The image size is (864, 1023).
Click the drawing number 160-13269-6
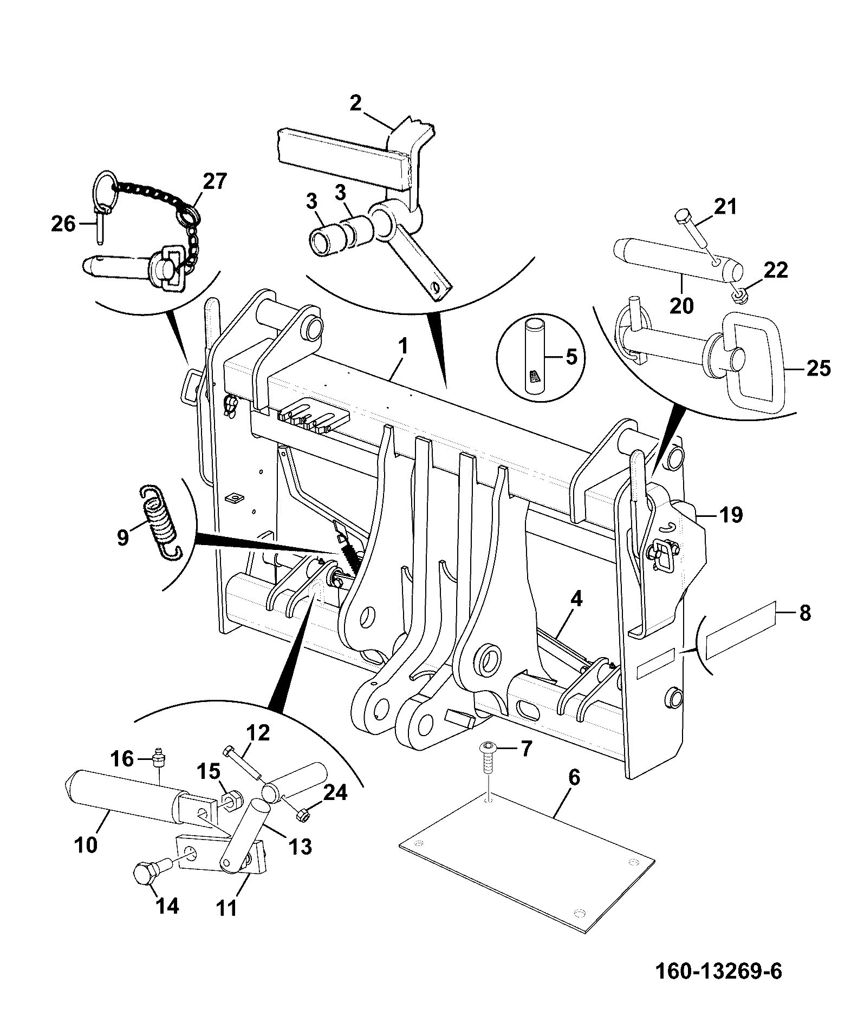pos(719,971)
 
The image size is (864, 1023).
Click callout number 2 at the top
pos(355,103)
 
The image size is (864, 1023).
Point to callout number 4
pos(576,600)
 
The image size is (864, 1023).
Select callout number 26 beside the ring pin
pos(63,223)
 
